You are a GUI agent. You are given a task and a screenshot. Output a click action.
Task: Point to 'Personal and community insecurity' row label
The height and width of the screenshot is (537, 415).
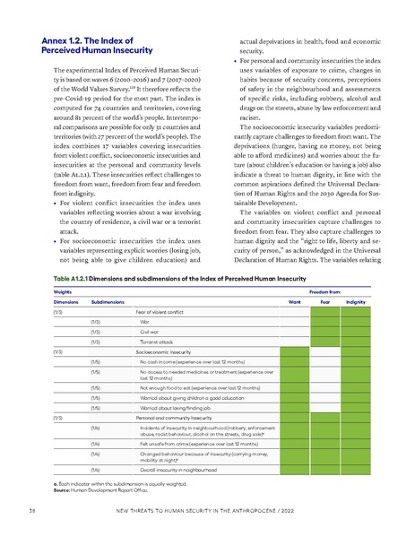(177, 442)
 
